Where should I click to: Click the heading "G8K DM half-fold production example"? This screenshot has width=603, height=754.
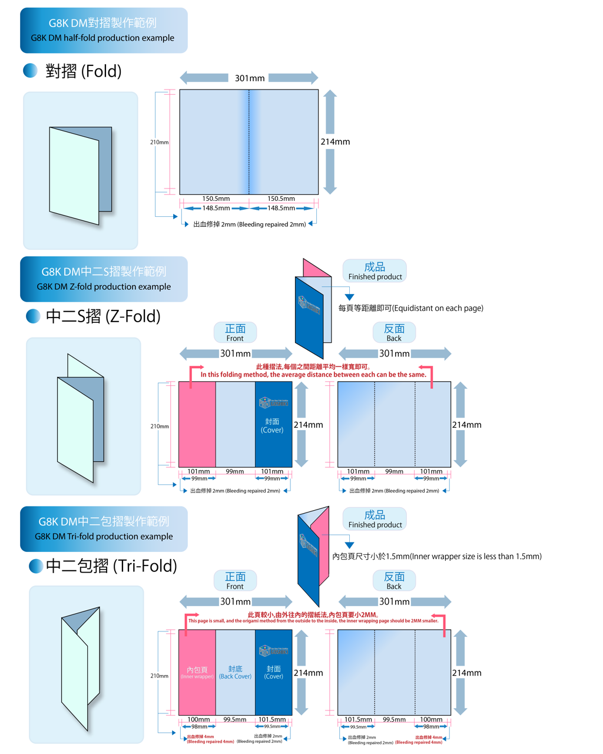[x=102, y=38]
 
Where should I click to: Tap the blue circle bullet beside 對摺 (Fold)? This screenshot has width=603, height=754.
[x=30, y=71]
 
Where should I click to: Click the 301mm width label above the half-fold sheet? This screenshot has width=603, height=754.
[x=250, y=78]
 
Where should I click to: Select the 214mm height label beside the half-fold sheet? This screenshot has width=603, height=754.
[x=335, y=141]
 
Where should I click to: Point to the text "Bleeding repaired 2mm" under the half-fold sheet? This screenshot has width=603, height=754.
[x=271, y=224]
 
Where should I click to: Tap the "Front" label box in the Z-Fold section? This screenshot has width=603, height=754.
[x=235, y=332]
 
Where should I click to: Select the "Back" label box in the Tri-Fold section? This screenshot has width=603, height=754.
[x=394, y=580]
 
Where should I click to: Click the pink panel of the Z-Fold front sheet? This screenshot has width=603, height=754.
[x=197, y=424]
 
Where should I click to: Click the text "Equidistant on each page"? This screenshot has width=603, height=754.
[x=438, y=308]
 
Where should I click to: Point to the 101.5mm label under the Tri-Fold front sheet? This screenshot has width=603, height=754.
[x=272, y=719]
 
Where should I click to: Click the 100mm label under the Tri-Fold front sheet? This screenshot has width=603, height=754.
[x=198, y=719]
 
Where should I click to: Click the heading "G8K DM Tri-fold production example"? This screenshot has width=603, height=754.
[x=104, y=536]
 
